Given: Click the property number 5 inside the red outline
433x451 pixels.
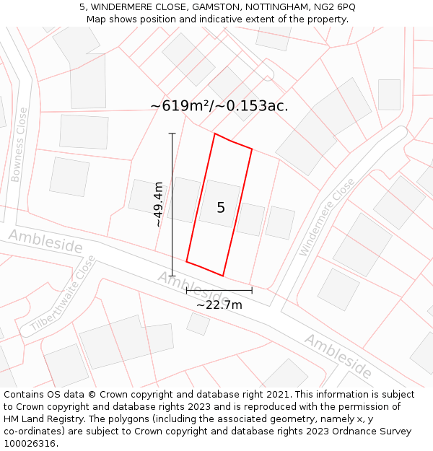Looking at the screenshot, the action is [x=221, y=208].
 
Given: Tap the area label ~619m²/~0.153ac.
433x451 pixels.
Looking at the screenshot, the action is [x=219, y=106].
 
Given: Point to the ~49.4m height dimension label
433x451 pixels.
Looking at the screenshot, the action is [x=158, y=205].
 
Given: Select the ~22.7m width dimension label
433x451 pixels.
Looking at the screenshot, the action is [x=219, y=305].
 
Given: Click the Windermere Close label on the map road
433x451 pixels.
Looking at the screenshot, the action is [x=327, y=217].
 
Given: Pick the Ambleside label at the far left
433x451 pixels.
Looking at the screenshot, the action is [x=45, y=241].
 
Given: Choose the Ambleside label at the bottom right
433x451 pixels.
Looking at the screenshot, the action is [x=338, y=356].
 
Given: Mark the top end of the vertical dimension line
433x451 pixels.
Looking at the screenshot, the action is [x=172, y=133].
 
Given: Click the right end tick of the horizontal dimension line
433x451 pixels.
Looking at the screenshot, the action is [x=252, y=290].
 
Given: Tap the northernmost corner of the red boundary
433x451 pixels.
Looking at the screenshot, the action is [x=214, y=133].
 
